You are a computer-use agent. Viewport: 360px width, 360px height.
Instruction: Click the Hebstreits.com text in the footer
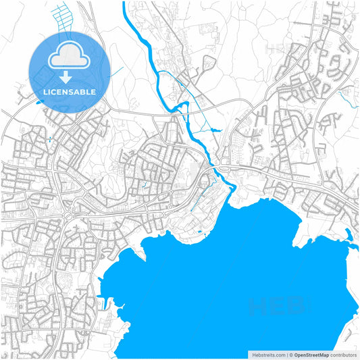pos(267,354)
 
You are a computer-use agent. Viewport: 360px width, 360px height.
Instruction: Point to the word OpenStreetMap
pos(311,354)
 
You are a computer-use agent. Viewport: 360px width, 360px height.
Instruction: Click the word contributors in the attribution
pos(343,354)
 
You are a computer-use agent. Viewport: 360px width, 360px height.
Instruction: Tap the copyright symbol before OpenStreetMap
pos(290,354)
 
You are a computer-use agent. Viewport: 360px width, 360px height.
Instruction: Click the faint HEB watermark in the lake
pos(277,307)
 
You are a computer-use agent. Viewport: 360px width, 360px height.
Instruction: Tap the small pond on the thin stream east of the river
pos(215,130)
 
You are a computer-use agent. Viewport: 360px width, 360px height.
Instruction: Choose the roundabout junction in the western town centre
pos(70,215)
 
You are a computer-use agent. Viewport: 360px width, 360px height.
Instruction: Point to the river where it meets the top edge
pos(125,4)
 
